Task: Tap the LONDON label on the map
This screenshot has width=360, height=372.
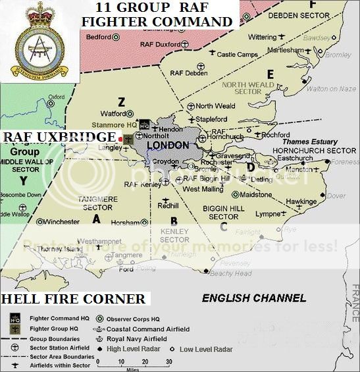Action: (163, 145)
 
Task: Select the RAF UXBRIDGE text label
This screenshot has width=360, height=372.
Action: (59, 136)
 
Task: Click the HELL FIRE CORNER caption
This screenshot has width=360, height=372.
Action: (73, 300)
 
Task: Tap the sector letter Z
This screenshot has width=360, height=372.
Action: (121, 101)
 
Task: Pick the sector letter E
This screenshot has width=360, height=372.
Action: (270, 74)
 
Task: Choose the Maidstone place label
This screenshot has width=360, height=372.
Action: (259, 195)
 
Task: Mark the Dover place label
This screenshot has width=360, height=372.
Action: (336, 196)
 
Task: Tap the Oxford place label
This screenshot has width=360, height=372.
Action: (56, 97)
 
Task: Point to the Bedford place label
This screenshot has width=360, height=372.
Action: (99, 38)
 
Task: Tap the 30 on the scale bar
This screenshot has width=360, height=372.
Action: (168, 361)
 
